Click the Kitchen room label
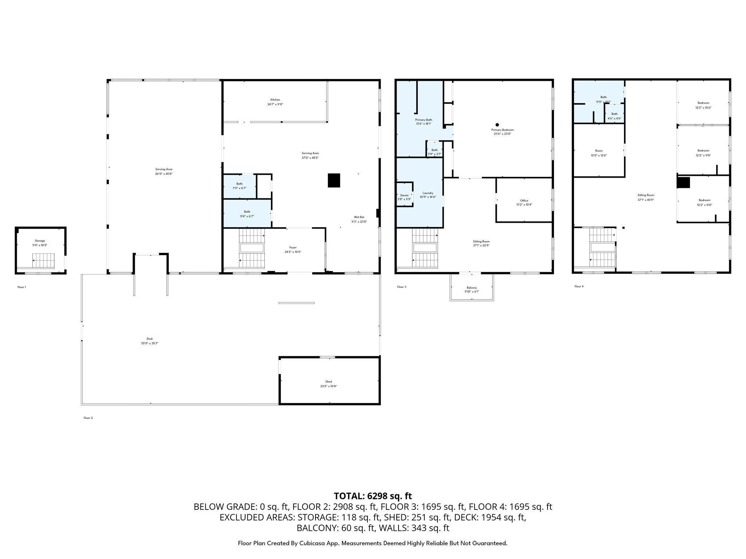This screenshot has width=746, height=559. pos(275,100)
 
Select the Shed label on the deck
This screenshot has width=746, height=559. pos(329,382)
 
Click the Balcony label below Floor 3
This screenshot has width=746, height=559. pos(471,288)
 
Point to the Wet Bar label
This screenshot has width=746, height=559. pos(359,217)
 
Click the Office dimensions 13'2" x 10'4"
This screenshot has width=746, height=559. pos(524,205)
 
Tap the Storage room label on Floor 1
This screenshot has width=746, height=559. pos(40,241)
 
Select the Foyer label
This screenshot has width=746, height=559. pos(293,247)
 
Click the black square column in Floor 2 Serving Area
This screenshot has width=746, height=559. pos(334,181)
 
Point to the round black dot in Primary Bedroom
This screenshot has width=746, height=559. pos(497,124)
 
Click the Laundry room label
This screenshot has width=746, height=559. pos(428,193)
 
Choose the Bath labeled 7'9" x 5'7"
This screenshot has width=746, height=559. pos(239,186)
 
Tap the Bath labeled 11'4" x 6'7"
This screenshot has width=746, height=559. pos(247,214)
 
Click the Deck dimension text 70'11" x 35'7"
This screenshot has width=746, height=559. pos(150,343)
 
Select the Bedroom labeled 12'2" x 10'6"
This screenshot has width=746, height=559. pos(703,105)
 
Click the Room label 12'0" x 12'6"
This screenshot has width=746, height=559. pos(599,153)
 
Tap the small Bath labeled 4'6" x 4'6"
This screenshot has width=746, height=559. pos(615,116)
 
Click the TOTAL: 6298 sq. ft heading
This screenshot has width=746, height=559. pos(373,496)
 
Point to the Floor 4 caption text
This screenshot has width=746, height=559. pos(579,286)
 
